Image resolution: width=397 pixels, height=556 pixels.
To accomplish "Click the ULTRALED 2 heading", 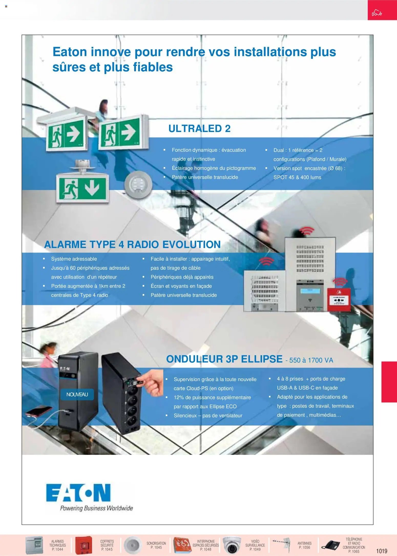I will point(199,128).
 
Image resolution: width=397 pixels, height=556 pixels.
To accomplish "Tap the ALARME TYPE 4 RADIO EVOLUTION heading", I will point(132,244).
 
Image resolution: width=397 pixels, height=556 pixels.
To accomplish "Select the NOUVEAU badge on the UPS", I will point(77,394).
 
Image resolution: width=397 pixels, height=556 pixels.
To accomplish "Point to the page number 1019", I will point(381,551).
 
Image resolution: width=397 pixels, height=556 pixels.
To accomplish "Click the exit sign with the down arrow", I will point(82,188).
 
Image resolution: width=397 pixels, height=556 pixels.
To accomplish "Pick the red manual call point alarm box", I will point(339,299).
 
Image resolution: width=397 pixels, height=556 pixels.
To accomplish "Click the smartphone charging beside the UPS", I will point(38,411).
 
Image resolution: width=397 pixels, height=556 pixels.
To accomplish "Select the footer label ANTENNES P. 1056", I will point(304,545).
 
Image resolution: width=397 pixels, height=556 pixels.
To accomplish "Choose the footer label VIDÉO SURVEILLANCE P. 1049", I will point(255,545).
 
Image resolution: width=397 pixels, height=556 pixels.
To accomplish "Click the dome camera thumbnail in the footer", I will point(232,545).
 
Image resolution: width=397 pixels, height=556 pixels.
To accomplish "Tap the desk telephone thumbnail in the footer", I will point(331,545).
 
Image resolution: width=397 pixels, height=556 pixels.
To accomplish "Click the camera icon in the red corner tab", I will point(377,13).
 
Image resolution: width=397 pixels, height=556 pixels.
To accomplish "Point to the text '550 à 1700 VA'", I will point(311,360).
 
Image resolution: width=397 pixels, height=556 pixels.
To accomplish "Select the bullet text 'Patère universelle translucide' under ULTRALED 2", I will point(205,177).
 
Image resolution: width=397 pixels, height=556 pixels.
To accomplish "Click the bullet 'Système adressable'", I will point(74,259).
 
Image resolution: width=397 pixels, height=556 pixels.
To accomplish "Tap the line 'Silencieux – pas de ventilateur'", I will point(208,415).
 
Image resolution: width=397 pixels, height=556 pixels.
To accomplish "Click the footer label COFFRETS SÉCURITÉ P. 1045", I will point(107,545).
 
